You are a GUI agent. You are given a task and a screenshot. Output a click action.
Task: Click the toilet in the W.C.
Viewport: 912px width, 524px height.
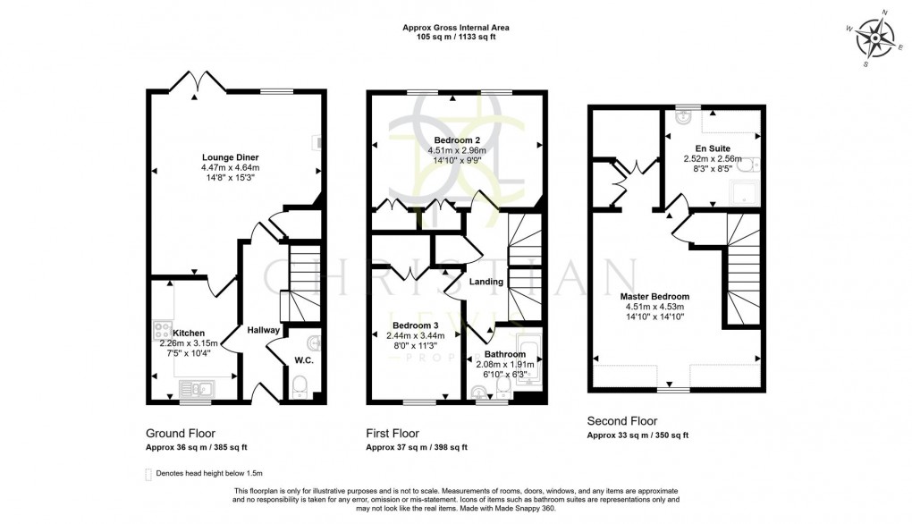pos(301,386)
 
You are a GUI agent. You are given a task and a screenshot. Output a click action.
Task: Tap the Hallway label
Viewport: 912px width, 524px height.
pos(265,330)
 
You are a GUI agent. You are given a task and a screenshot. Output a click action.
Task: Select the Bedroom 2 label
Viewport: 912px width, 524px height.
pos(457,140)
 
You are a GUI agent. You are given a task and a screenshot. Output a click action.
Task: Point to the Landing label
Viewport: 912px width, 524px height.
pos(486,282)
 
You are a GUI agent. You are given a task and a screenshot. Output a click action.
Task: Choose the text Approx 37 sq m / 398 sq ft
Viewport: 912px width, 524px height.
pos(417,447)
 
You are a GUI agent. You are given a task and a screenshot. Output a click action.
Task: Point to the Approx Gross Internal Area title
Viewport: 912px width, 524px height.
pos(456,28)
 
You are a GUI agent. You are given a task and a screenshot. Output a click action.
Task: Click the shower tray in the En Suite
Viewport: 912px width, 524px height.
pos(741,193)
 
